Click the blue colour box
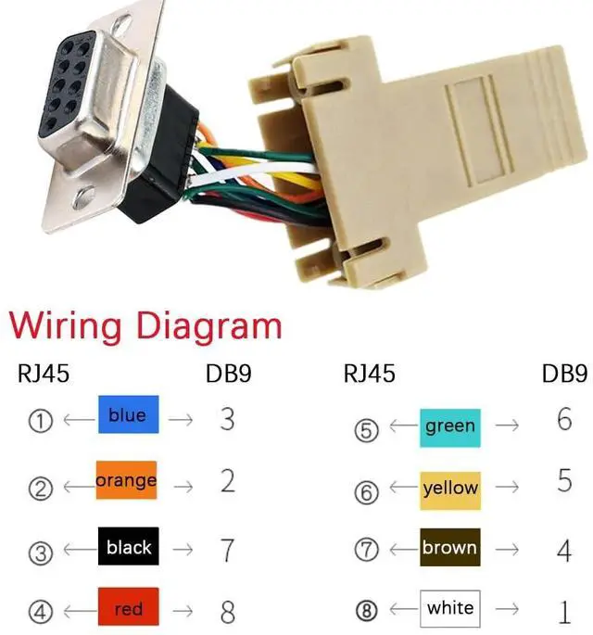point(128,415)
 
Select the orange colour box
point(126,481)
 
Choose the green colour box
point(449,426)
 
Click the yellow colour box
point(450,488)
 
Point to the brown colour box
point(449,548)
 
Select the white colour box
point(450,609)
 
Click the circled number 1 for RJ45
point(40,421)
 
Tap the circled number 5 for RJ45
point(368,431)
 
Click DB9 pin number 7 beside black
point(227,549)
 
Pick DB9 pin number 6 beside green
point(564,419)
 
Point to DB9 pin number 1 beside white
point(564,611)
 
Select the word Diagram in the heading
point(208,328)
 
